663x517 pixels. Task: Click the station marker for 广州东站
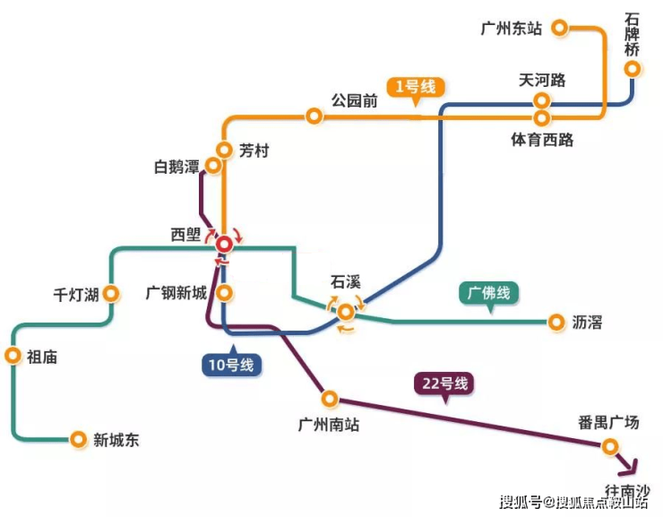pyautogui.click(x=559, y=29)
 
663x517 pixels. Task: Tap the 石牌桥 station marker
pyautogui.click(x=633, y=68)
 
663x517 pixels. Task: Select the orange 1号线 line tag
pyautogui.click(x=415, y=87)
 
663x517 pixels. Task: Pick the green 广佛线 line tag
pyautogui.click(x=488, y=292)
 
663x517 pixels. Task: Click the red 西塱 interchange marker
pyautogui.click(x=223, y=242)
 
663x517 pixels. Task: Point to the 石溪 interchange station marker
pyautogui.click(x=345, y=312)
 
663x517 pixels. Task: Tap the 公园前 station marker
pyautogui.click(x=314, y=116)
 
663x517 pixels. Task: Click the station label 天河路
pyautogui.click(x=542, y=81)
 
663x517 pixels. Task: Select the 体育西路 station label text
pyautogui.click(x=542, y=140)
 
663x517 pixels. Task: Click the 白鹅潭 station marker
pyautogui.click(x=214, y=166)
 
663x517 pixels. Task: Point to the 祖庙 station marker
pyautogui.click(x=13, y=356)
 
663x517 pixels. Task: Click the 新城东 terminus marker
pyautogui.click(x=77, y=439)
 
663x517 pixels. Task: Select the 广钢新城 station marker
pyautogui.click(x=225, y=292)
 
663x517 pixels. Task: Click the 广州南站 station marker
pyautogui.click(x=330, y=397)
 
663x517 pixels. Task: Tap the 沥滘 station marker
pyautogui.click(x=555, y=321)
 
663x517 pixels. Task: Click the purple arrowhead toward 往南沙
pyautogui.click(x=630, y=466)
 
